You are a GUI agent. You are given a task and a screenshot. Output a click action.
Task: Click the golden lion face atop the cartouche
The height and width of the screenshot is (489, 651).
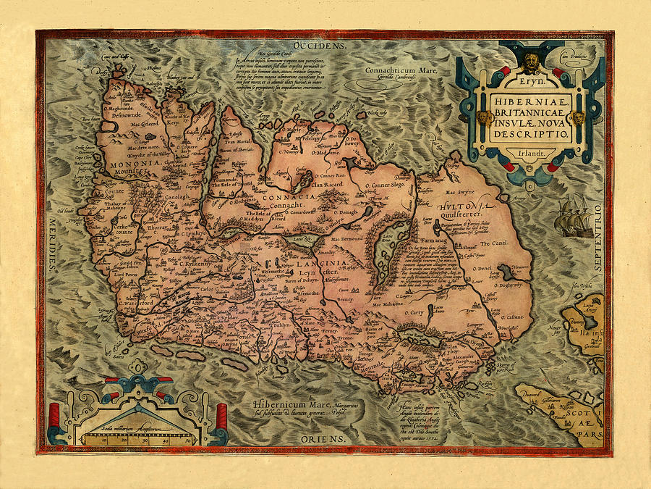click(x=532, y=59)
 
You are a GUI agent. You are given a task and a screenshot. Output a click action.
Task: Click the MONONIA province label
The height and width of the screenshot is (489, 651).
click(x=135, y=164)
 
